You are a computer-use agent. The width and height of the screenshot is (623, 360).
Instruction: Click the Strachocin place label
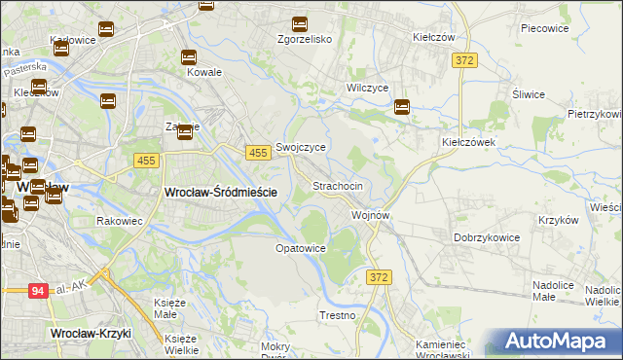[338, 186]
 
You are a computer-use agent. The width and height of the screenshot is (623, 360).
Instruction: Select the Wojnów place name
[371, 215]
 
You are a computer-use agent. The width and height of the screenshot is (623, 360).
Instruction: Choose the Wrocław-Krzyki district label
[90, 334]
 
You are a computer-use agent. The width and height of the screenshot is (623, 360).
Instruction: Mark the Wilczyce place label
[368, 88]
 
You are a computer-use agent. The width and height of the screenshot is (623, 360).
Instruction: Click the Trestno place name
[338, 316]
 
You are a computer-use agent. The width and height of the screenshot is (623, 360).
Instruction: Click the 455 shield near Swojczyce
[258, 154]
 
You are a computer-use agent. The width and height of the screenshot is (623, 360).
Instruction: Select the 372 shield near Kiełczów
[464, 61]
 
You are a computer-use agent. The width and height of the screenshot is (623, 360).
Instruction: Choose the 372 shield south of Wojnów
[380, 278]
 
